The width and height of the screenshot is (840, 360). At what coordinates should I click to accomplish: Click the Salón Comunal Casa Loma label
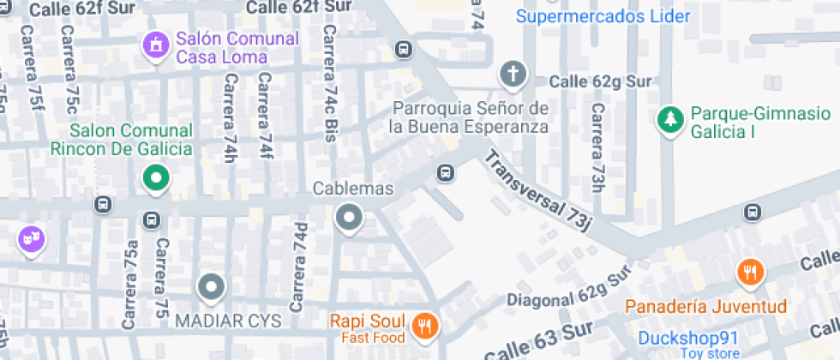[x=237, y=48]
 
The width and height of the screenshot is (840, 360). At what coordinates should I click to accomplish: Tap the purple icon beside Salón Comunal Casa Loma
[x=156, y=44]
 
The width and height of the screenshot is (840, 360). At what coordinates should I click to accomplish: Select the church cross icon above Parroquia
[x=513, y=75]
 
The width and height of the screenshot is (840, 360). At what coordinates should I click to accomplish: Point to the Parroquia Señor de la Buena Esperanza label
[x=468, y=118]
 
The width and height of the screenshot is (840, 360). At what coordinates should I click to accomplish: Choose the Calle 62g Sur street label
[x=601, y=82]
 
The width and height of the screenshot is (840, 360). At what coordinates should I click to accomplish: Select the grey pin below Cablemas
[x=349, y=218]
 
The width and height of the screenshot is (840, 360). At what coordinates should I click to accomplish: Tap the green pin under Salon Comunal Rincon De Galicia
[x=156, y=178]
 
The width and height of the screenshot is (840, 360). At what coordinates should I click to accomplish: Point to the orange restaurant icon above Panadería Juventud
[x=750, y=273]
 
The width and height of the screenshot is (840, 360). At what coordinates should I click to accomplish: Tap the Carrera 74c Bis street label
[x=329, y=83]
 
